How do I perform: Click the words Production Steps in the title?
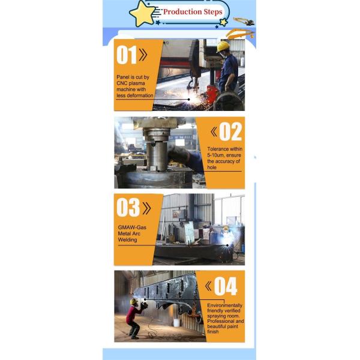click(x=193, y=12)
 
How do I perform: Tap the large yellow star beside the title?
click(x=142, y=14)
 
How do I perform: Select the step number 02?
click(x=230, y=131)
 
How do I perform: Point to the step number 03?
click(x=128, y=208)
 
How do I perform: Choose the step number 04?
click(x=226, y=286)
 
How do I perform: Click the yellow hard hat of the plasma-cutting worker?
click(x=223, y=47)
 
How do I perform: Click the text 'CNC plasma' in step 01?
click(x=131, y=83)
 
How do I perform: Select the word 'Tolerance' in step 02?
click(x=218, y=149)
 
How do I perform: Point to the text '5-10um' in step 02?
click(x=216, y=155)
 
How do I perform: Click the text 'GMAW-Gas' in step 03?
click(x=132, y=227)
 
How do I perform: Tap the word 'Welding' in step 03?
click(x=127, y=239)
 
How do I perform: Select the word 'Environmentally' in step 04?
click(x=225, y=305)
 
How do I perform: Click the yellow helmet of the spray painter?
click(x=134, y=301)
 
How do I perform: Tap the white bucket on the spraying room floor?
click(x=176, y=323)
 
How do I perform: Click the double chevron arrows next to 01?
click(x=143, y=55)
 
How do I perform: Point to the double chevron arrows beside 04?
click(x=208, y=286)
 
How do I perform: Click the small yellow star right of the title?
click(x=223, y=22)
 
